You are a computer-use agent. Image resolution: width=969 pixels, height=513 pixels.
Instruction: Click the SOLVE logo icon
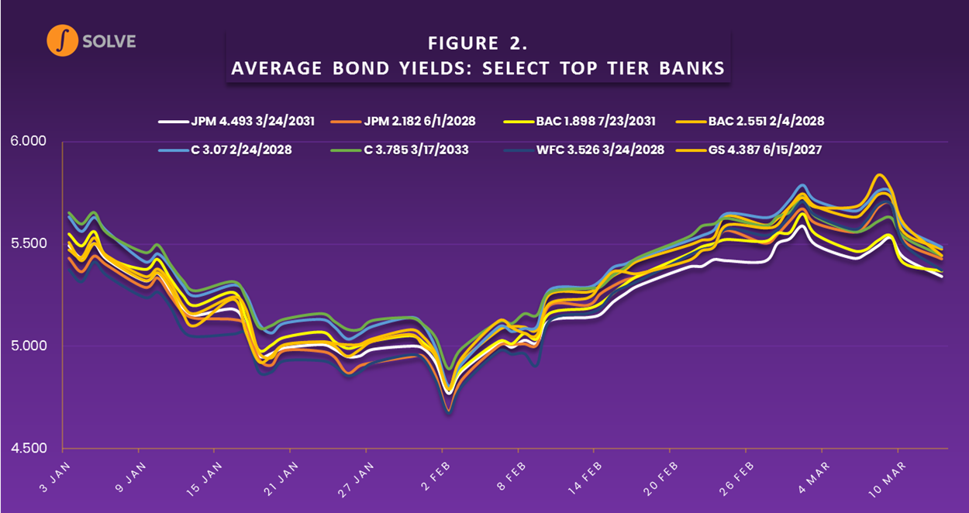[62, 41]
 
